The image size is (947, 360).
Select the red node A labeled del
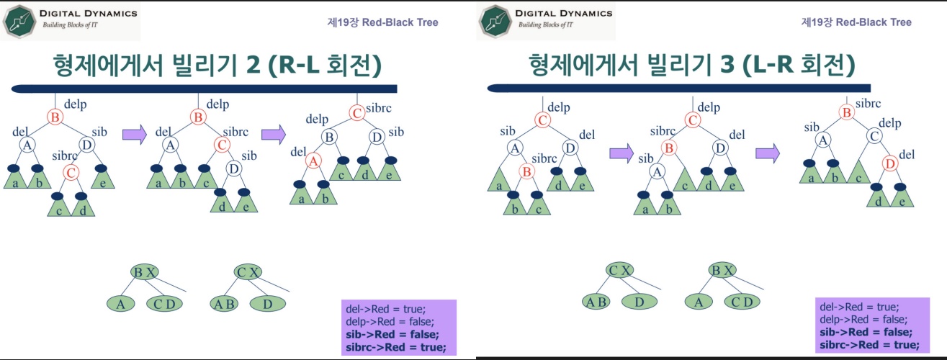pyautogui.click(x=313, y=162)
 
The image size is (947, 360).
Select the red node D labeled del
pyautogui.click(x=890, y=163)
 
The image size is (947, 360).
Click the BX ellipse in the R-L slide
pyautogui.click(x=145, y=272)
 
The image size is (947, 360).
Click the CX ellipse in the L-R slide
pyautogui.click(x=620, y=271)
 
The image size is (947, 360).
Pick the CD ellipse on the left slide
pyautogui.click(x=165, y=304)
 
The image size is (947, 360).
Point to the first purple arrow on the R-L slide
pyautogui.click(x=135, y=133)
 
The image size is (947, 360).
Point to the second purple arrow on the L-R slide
pyautogui.click(x=767, y=152)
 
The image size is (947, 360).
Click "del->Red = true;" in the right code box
pyautogui.click(x=853, y=307)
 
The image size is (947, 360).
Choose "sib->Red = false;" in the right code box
pyautogui.click(x=866, y=332)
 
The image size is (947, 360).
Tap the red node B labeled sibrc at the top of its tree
pyautogui.click(x=847, y=112)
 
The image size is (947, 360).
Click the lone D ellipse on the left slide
pyautogui.click(x=268, y=304)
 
